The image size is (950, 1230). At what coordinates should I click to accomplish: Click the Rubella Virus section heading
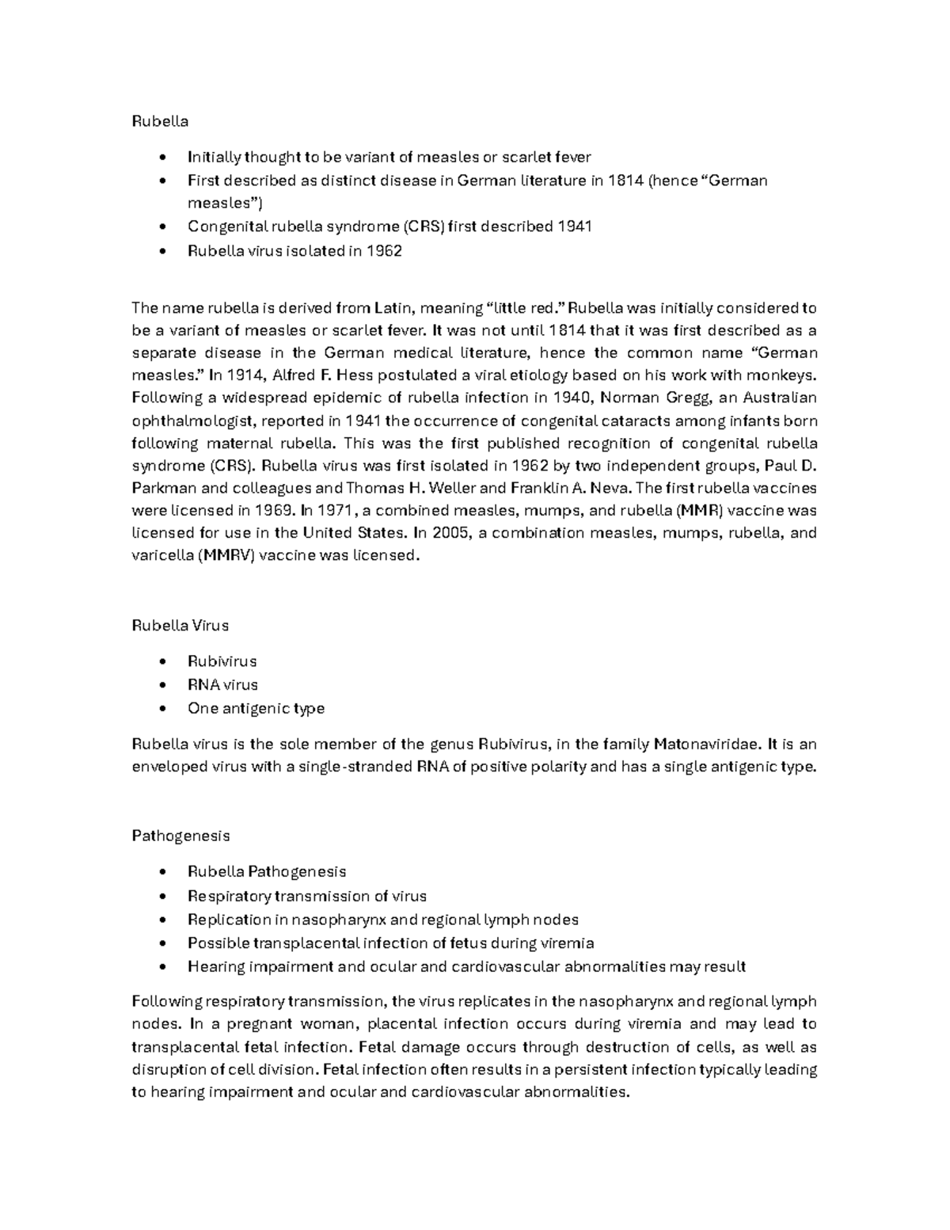[x=180, y=626]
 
